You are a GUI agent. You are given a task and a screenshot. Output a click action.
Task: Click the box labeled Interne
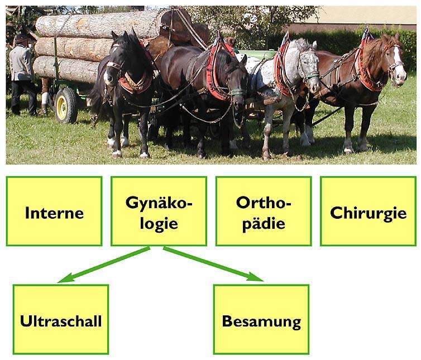pos(54,211)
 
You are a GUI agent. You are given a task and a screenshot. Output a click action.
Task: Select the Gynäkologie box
pos(159,211)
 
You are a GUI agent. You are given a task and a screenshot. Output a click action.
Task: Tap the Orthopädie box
pos(264,211)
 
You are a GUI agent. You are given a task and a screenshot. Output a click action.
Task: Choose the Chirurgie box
pos(368,211)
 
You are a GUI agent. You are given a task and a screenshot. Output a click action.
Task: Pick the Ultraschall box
pos(60,319)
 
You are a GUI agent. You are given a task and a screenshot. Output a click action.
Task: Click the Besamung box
pos(261,319)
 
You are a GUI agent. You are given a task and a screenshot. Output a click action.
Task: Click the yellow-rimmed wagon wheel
pos(65,104)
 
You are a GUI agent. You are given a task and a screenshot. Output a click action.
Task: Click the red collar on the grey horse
pos(282,70)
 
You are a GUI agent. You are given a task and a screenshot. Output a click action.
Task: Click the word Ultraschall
pos(60,321)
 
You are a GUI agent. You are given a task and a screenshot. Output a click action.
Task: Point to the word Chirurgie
pos(368,213)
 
